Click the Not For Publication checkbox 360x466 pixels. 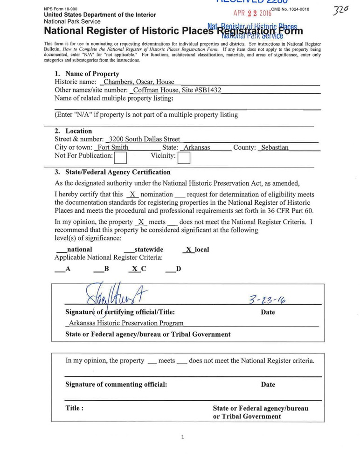(x=121, y=159)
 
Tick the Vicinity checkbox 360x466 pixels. (x=184, y=159)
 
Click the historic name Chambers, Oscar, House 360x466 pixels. (x=139, y=82)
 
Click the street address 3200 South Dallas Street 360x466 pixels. (x=144, y=139)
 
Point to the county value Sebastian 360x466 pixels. (x=275, y=147)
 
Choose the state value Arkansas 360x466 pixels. (x=196, y=147)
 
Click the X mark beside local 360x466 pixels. (x=188, y=250)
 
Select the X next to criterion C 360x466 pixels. (x=134, y=269)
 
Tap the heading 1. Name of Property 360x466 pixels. (x=87, y=74)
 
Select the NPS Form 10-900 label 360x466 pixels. (x=61, y=9)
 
